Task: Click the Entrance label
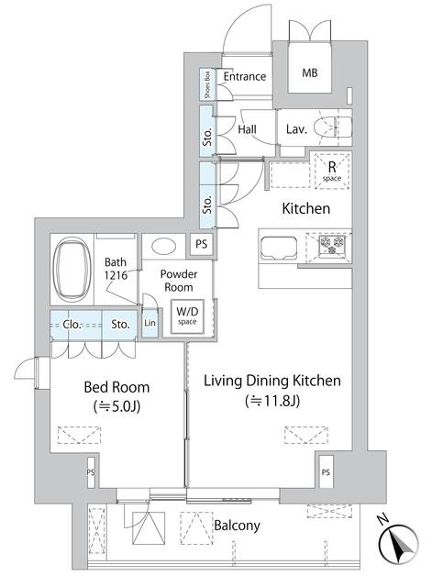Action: pyautogui.click(x=245, y=76)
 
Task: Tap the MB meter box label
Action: pyautogui.click(x=310, y=72)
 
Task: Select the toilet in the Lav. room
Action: pyautogui.click(x=332, y=127)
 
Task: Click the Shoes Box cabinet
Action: pyautogui.click(x=207, y=84)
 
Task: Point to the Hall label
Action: pyautogui.click(x=247, y=129)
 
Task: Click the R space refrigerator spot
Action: pyautogui.click(x=332, y=171)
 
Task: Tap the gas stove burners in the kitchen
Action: pyautogui.click(x=332, y=245)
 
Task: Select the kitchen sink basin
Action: pyautogui.click(x=279, y=248)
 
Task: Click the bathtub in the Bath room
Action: pyautogui.click(x=72, y=268)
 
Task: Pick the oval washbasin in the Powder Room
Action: pyautogui.click(x=164, y=247)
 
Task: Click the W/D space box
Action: pyautogui.click(x=187, y=316)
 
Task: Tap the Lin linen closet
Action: pyautogui.click(x=150, y=322)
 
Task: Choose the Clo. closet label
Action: pyautogui.click(x=72, y=324)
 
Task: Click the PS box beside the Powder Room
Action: pyautogui.click(x=202, y=245)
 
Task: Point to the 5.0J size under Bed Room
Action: pyautogui.click(x=116, y=406)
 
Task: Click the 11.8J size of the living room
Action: pyautogui.click(x=272, y=401)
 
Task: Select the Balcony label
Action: pyautogui.click(x=237, y=526)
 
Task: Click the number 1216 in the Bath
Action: pyautogui.click(x=116, y=275)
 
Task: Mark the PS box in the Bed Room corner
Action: pyautogui.click(x=91, y=472)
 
